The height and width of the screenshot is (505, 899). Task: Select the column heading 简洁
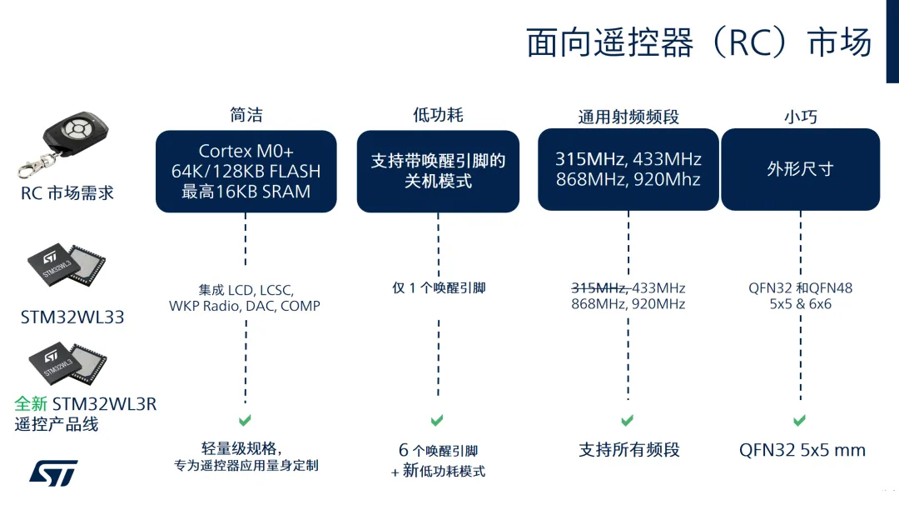click(x=246, y=115)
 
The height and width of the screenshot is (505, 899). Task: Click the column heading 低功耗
click(x=437, y=115)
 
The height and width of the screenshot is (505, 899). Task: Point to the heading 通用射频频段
click(x=628, y=117)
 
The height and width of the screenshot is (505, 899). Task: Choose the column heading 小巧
click(x=800, y=117)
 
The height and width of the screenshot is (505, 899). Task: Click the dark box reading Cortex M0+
click(x=246, y=171)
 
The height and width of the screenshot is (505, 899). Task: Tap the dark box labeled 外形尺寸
click(x=800, y=169)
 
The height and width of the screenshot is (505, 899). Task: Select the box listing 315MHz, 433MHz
click(x=628, y=169)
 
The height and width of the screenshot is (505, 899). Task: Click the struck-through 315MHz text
click(x=598, y=288)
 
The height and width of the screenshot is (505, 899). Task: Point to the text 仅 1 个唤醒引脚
click(x=439, y=288)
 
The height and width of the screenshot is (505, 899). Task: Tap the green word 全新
click(x=32, y=404)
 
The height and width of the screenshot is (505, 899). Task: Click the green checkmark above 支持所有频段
click(x=628, y=421)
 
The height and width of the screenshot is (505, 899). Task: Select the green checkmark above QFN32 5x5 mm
click(x=799, y=421)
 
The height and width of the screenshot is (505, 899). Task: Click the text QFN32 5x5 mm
click(x=802, y=451)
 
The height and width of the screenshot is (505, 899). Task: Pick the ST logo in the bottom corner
click(x=53, y=472)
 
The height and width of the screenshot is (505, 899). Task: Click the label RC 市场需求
click(x=67, y=193)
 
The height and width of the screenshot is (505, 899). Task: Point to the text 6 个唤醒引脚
click(x=438, y=451)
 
